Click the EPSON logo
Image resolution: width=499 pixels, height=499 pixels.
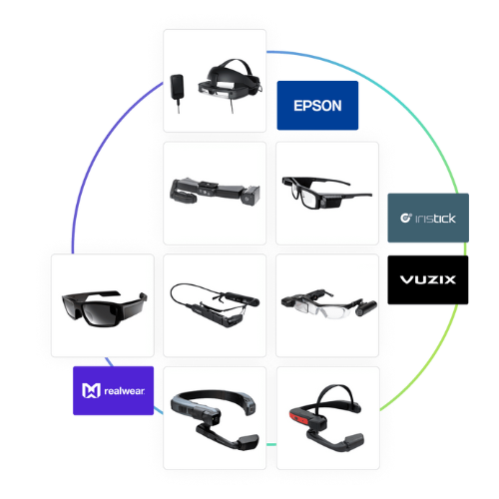tap(317, 105)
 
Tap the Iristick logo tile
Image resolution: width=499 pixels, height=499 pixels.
tap(428, 218)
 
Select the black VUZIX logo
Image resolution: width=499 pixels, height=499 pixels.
tap(428, 279)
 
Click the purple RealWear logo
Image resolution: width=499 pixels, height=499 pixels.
tap(114, 390)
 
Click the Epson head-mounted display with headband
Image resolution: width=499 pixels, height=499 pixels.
tap(231, 83)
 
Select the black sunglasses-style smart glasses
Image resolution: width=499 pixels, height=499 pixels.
tap(104, 308)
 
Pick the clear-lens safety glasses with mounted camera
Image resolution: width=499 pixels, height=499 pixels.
tap(328, 302)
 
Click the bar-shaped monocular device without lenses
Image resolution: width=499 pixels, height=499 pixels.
tap(215, 191)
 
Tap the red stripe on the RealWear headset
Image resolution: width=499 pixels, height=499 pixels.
tap(298, 417)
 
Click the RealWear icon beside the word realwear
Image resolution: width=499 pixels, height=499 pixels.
tap(91, 390)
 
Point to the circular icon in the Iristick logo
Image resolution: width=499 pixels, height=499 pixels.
tap(406, 218)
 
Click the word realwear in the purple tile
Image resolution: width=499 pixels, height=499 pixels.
tap(125, 391)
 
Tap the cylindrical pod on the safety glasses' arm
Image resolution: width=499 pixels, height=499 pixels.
tap(366, 307)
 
